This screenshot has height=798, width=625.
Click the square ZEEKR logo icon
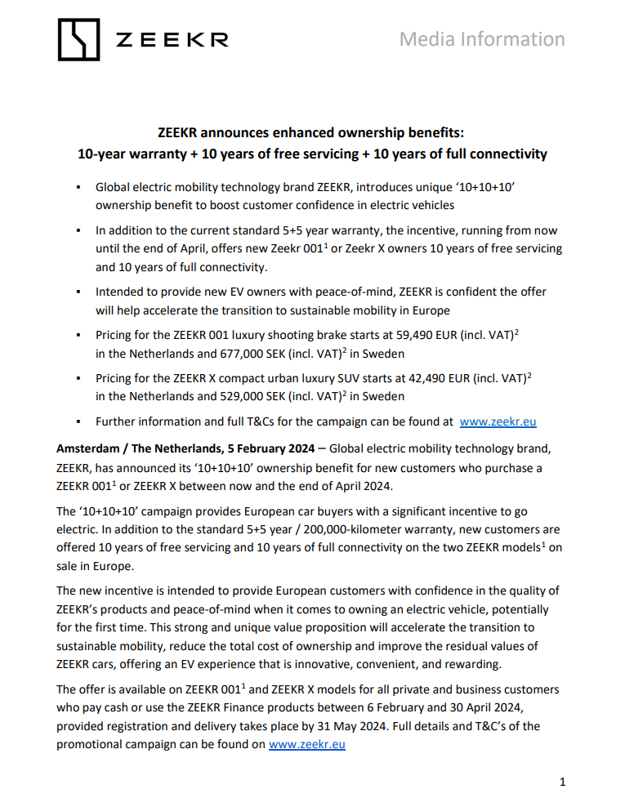point(79,39)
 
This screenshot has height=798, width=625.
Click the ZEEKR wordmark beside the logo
point(172,40)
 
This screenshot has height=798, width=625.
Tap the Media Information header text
point(482,39)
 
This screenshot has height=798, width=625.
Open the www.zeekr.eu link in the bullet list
point(498,422)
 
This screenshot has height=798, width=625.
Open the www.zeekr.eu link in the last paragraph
point(306,745)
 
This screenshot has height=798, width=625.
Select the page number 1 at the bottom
point(562,782)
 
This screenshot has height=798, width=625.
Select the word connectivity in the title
point(506,154)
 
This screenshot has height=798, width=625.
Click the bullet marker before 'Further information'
point(77,422)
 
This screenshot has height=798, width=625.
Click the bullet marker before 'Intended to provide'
point(77,292)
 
